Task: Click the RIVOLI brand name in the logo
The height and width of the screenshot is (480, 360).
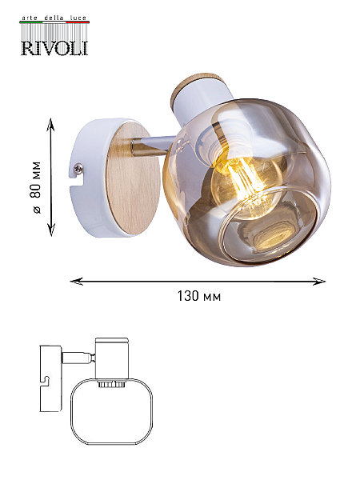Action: tap(54, 48)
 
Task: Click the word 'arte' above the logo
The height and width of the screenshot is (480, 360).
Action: tap(30, 18)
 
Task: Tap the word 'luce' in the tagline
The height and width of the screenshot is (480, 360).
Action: tap(78, 18)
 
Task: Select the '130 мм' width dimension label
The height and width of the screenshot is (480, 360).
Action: tap(199, 296)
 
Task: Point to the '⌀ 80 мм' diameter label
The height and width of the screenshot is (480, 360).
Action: tap(36, 187)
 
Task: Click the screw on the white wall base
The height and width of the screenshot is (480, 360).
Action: tap(78, 168)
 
